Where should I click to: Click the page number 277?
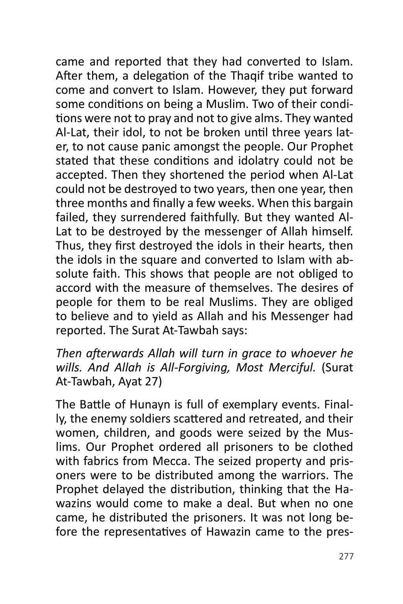(346, 556)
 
